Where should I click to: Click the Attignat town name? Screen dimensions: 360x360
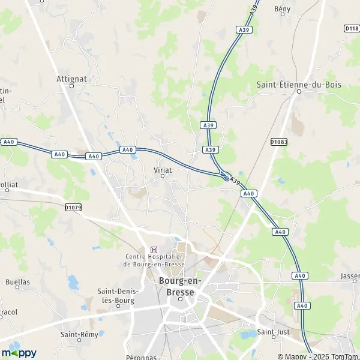(72, 78)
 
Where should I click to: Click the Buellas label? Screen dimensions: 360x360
(17, 281)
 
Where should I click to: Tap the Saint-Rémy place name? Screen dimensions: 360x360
(80, 334)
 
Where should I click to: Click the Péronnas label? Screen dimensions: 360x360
(141, 356)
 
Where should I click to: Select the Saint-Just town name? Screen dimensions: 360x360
(270, 332)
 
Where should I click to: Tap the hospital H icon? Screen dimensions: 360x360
(154, 250)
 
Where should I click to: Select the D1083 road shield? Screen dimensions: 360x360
(278, 142)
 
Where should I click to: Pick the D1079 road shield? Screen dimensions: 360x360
(73, 207)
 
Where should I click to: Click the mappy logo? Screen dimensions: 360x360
(19, 352)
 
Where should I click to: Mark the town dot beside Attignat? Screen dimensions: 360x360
(71, 86)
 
